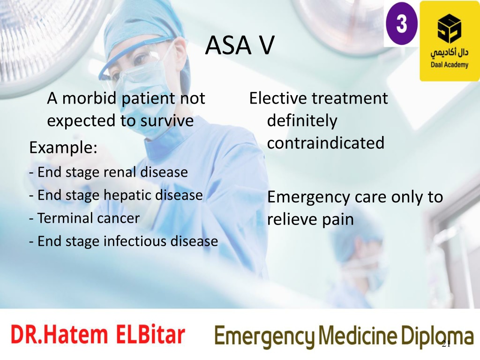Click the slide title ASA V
tap(240, 45)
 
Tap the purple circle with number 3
tap(401, 23)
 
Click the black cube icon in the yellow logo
tap(449, 28)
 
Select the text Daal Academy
tap(450, 65)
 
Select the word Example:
tap(63, 148)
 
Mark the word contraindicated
tap(326, 143)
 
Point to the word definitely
tap(302, 120)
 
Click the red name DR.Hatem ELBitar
tap(98, 334)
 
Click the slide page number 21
tap(446, 344)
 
